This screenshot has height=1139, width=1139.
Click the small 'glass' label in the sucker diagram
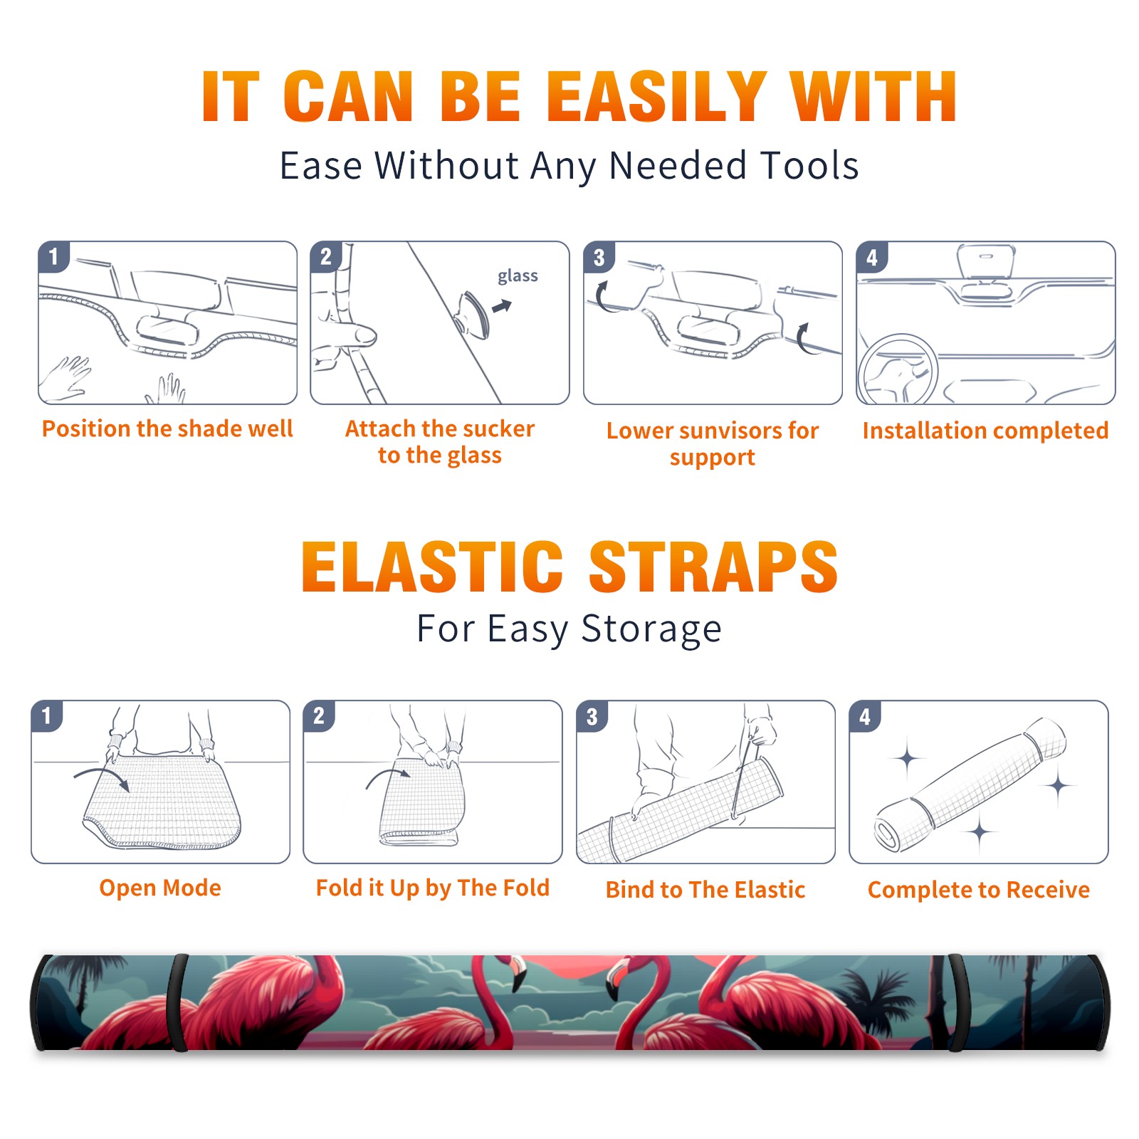(518, 276)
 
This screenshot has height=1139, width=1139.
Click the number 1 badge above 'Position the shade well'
(53, 256)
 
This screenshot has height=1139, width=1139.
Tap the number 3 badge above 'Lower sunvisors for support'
(599, 257)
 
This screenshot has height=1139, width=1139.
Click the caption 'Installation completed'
(985, 431)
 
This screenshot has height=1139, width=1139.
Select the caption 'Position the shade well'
(167, 429)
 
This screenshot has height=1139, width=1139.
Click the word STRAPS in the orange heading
(713, 567)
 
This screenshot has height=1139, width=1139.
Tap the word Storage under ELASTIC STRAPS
(651, 629)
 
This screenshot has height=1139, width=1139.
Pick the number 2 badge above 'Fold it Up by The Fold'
(318, 715)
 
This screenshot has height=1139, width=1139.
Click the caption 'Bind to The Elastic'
(705, 890)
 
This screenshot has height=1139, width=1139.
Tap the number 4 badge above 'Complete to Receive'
(865, 716)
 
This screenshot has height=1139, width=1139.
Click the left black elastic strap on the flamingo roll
(178, 1002)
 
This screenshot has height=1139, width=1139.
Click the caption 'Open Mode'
(160, 888)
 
